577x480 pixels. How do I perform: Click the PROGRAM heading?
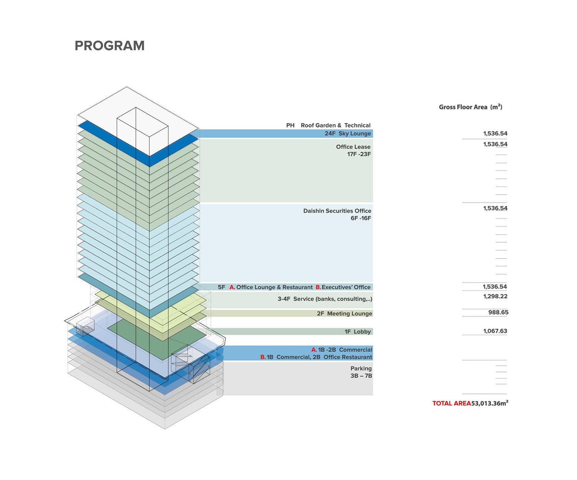[110, 46]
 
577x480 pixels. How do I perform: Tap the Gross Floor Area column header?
[470, 107]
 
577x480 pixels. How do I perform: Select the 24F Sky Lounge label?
[347, 134]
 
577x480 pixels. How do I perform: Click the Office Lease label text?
[353, 147]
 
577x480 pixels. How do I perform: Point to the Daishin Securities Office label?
[337, 211]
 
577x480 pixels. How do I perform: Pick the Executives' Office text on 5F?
[346, 287]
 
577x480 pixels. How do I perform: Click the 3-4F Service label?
[325, 299]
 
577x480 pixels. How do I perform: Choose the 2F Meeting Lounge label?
[344, 313]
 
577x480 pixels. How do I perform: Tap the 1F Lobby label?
[357, 331]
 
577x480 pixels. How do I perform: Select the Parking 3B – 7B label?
[361, 372]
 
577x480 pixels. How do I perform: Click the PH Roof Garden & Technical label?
[328, 125]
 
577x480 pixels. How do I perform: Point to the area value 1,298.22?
[495, 296]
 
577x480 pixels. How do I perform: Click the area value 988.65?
[498, 313]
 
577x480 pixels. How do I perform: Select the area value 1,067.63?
[495, 331]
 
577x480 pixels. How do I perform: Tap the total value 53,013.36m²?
[490, 403]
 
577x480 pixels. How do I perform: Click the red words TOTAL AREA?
[452, 403]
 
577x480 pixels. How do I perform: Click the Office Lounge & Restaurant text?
[274, 287]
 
